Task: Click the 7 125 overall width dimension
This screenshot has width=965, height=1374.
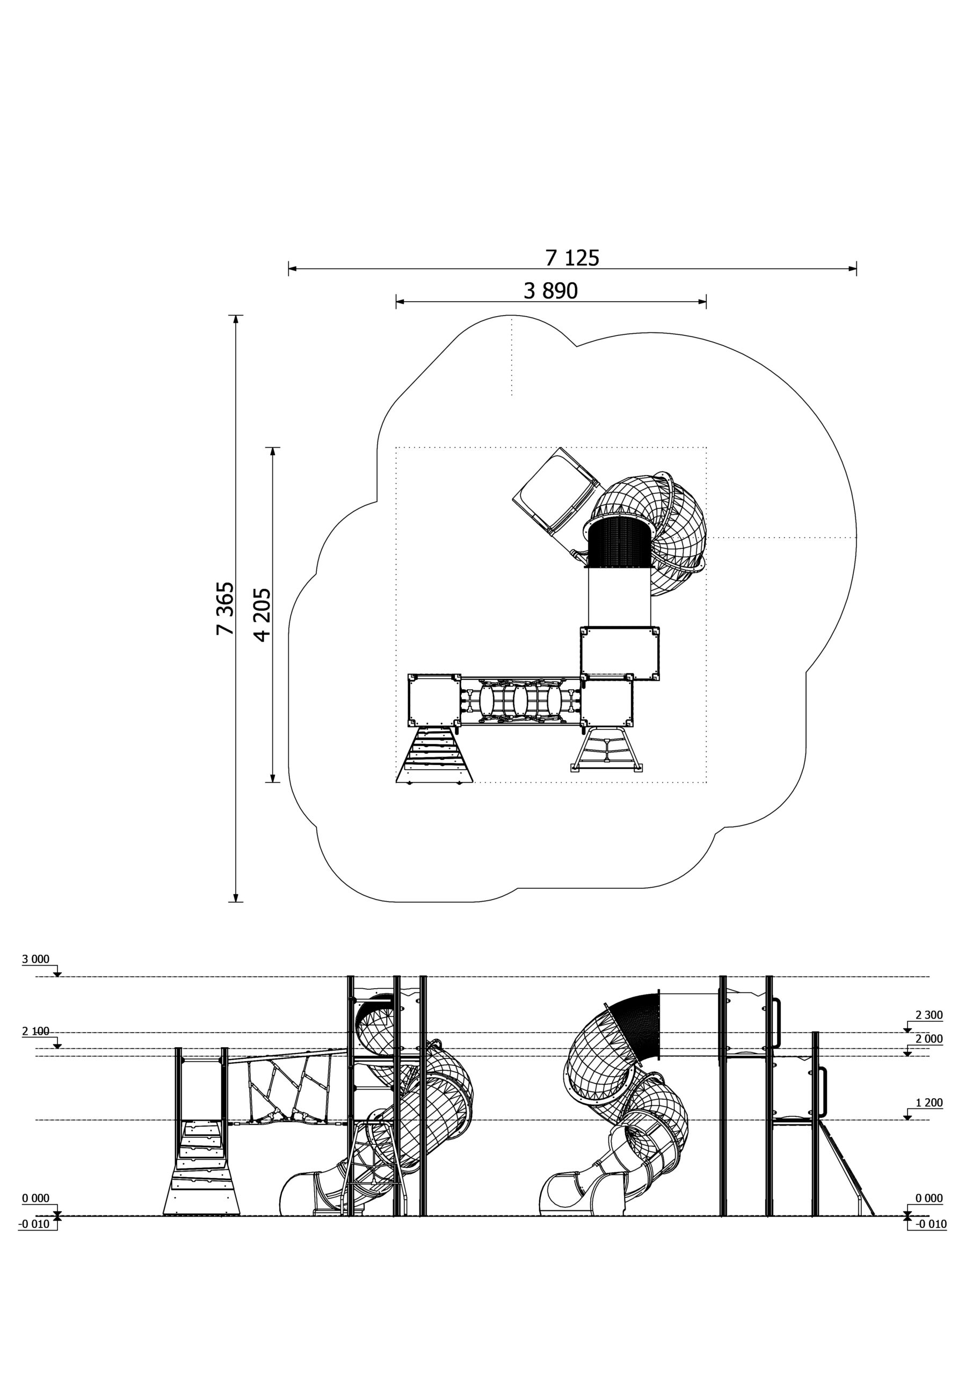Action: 572,258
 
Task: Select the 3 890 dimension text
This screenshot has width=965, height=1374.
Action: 551,291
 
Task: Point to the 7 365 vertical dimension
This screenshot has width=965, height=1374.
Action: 225,608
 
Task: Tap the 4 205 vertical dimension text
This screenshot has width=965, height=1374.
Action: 262,615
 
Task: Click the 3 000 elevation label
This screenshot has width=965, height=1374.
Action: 36,959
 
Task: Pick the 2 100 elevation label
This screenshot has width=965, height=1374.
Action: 36,1031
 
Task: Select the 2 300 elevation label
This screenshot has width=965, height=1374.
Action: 929,1015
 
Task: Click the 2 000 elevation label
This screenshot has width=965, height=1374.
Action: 929,1039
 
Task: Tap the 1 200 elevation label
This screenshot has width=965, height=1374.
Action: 929,1102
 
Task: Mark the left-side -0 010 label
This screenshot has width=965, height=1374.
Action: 34,1224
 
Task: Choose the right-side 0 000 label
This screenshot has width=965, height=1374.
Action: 929,1198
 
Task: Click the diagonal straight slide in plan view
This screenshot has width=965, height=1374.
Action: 556,491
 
